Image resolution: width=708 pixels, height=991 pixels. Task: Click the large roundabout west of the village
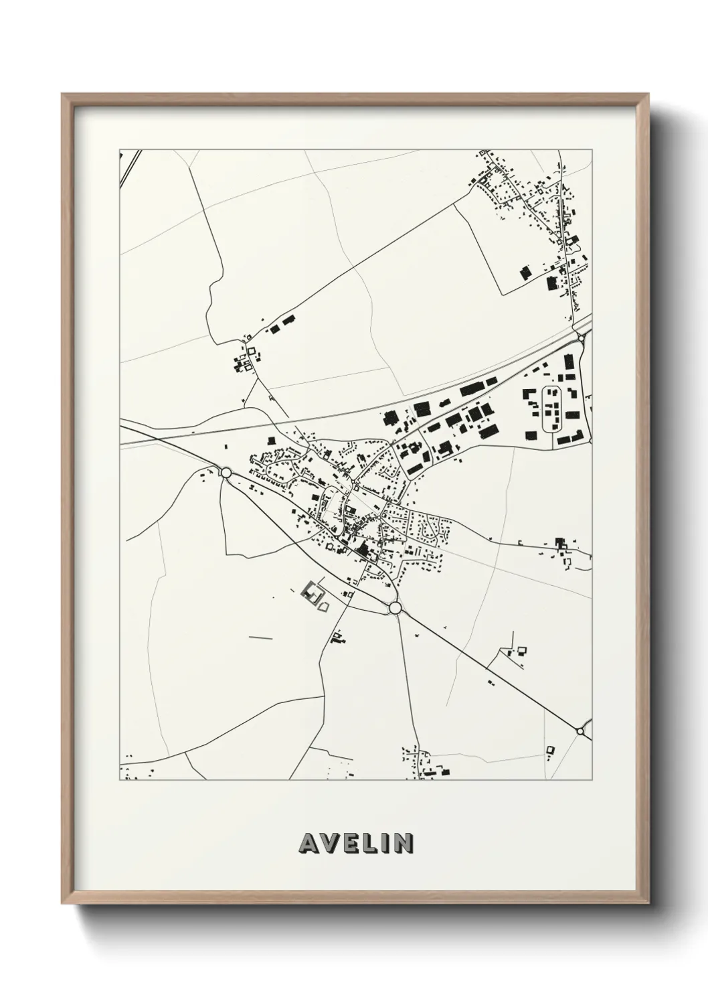coord(226,473)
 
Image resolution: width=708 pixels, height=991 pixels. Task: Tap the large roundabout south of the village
coord(395,607)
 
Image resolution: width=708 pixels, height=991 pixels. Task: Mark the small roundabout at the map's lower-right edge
coord(580,731)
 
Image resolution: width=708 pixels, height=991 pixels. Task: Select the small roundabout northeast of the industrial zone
coord(581,339)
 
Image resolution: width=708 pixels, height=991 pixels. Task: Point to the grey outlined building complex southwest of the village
coord(312,593)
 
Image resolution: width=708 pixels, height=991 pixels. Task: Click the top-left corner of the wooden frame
coord(62,94)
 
